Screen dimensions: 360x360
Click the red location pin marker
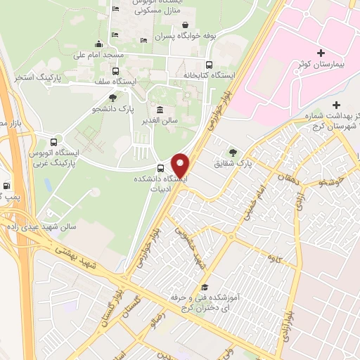181,165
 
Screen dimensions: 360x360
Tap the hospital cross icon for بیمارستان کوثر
321,53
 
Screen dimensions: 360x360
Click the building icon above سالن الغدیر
161,110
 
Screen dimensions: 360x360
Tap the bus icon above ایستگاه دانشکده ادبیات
161,169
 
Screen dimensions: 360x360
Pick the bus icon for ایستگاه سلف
115,71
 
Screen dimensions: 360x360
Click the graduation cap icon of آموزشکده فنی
205,287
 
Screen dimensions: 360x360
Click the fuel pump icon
7,187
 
